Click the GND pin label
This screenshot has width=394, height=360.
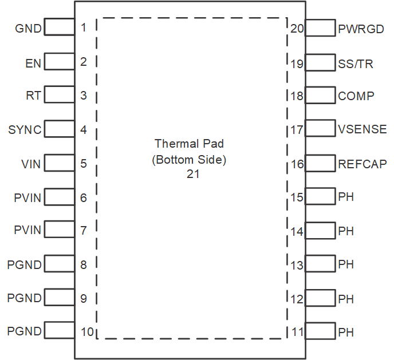click(x=28, y=29)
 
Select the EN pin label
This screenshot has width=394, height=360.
click(x=33, y=64)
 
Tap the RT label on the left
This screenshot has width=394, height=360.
click(x=34, y=96)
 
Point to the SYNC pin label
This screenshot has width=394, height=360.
click(x=25, y=130)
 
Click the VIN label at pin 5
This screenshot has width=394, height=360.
click(x=31, y=165)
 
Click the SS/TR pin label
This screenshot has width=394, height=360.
click(x=356, y=64)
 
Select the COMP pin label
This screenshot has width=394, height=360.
click(x=356, y=96)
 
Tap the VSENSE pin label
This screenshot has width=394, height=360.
click(x=363, y=130)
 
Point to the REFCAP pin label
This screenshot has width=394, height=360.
click(x=363, y=165)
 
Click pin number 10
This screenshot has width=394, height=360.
click(x=87, y=331)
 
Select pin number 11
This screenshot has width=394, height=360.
click(x=297, y=332)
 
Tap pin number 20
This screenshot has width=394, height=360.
click(x=297, y=29)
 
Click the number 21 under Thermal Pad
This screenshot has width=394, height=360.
click(x=192, y=174)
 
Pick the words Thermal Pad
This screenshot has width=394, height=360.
click(x=190, y=143)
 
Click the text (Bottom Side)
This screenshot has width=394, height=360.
click(x=190, y=160)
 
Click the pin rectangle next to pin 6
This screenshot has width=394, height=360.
click(x=59, y=197)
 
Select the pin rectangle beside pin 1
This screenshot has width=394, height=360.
click(x=59, y=27)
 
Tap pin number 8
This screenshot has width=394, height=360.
click(x=84, y=265)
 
